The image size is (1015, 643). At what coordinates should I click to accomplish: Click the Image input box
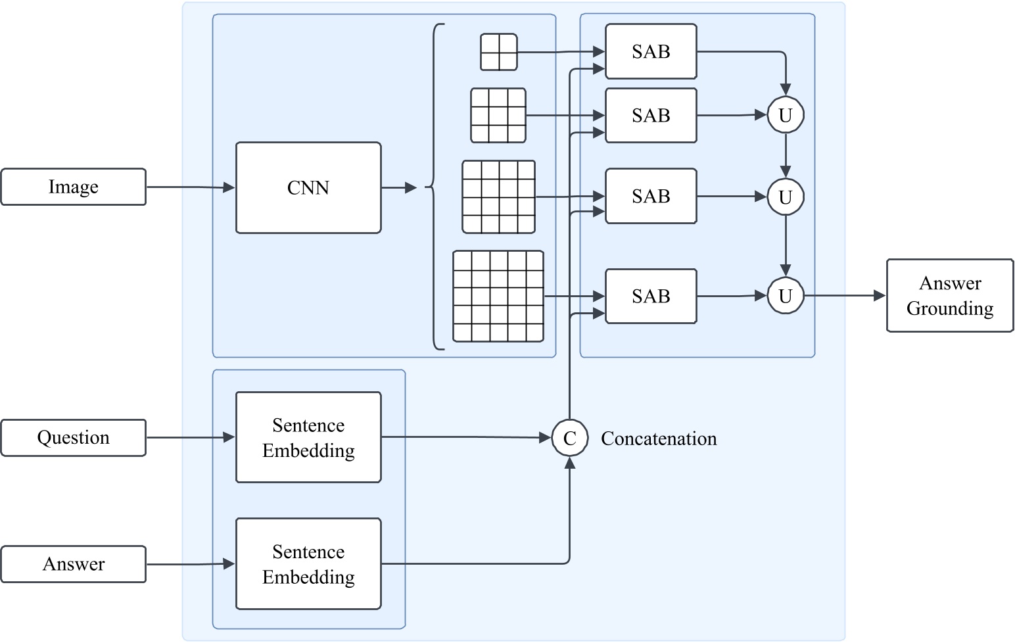[x=73, y=187]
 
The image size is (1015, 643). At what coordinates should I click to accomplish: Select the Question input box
[x=73, y=438]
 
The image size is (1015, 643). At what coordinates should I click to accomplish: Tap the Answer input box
[x=73, y=564]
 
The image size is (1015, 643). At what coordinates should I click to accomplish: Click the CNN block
[x=308, y=188]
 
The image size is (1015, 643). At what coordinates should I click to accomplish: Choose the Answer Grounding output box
[x=949, y=295]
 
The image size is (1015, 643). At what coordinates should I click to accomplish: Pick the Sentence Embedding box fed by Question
[x=308, y=438]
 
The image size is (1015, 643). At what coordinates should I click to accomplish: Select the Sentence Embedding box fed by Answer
[x=308, y=564]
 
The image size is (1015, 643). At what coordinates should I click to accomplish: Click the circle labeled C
[x=569, y=438]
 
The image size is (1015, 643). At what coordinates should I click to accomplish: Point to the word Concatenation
[x=659, y=439]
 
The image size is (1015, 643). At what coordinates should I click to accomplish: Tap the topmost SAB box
[x=651, y=52]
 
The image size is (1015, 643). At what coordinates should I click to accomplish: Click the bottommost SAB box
[x=651, y=297]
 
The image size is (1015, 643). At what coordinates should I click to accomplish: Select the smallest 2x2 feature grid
[x=499, y=52]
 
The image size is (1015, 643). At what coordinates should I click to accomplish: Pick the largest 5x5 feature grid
[x=498, y=296]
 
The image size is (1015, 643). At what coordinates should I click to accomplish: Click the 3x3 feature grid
[x=498, y=116]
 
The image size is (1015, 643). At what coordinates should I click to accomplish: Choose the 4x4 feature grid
[x=498, y=197]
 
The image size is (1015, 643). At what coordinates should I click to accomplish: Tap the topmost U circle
[x=785, y=115]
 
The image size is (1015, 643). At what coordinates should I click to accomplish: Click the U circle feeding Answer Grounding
[x=785, y=296]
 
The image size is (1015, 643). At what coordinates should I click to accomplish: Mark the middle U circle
[x=785, y=197]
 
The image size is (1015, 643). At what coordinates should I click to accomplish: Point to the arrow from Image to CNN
[x=190, y=187]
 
